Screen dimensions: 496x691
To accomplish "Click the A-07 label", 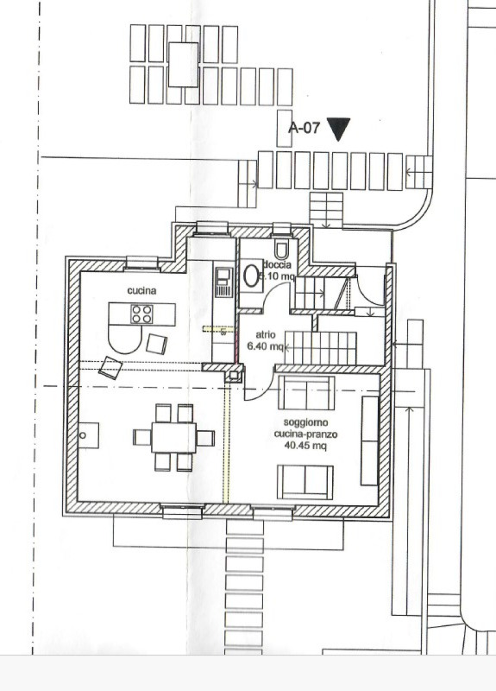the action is click(x=304, y=128).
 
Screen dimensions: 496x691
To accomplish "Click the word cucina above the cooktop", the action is click(x=141, y=290).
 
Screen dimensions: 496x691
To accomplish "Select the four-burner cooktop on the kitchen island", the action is click(x=141, y=314).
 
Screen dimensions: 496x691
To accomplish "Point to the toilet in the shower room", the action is click(x=282, y=249).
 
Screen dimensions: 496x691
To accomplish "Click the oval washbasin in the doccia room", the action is click(x=251, y=276).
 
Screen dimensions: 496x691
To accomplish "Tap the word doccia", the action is click(x=277, y=265).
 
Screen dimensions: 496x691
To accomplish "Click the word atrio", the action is click(x=266, y=334).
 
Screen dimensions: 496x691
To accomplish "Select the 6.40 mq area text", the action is click(x=265, y=346).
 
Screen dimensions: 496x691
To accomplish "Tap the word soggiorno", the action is click(x=305, y=422).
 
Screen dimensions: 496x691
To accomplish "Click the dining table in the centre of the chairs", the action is click(x=174, y=438).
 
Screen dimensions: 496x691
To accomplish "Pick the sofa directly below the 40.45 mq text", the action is click(x=305, y=482).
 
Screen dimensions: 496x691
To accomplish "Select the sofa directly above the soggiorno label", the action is click(x=306, y=393).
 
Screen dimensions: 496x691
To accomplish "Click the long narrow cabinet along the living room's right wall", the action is click(x=370, y=441).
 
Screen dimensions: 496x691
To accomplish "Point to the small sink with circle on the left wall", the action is click(x=89, y=435).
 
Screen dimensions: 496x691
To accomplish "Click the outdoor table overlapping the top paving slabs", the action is click(x=183, y=65).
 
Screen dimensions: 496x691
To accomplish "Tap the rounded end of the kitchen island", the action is click(x=125, y=339).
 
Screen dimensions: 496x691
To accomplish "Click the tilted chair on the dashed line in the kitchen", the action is click(x=110, y=368).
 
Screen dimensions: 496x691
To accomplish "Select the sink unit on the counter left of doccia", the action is click(x=224, y=282).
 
